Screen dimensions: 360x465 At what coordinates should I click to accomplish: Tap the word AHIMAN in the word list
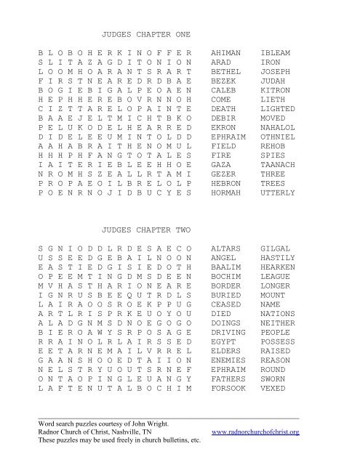point(225,54)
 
